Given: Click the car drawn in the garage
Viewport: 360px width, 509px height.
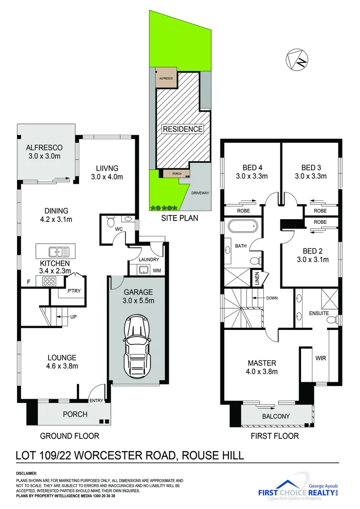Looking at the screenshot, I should point(137,343).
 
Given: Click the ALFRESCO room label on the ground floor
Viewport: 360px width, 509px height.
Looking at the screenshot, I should point(44,147).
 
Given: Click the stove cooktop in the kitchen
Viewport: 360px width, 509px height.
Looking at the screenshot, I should point(49,281).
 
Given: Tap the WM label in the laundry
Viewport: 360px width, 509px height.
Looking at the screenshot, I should point(157,271).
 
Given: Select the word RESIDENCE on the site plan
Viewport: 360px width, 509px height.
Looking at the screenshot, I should point(183,129).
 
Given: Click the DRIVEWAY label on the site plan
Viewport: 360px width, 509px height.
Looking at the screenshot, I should point(200,193).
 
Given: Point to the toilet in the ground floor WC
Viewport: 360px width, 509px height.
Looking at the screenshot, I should point(110,221).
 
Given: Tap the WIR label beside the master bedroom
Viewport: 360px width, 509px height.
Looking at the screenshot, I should point(320,358).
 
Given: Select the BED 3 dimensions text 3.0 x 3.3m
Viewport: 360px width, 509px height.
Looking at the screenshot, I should point(311,177).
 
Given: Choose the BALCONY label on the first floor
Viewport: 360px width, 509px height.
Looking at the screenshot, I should point(276,416).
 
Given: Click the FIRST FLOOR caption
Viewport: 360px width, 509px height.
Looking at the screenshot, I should point(275,436).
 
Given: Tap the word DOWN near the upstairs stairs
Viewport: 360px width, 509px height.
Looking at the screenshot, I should point(272,298).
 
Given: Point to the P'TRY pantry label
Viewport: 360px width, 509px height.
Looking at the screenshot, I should point(74,290).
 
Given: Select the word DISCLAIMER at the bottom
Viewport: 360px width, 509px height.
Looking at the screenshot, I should point(27,472).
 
